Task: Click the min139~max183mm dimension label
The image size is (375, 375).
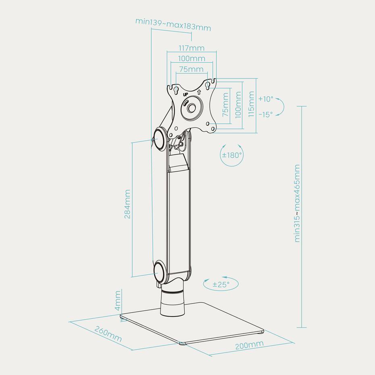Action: point(173,24)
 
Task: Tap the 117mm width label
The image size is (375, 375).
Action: point(192,48)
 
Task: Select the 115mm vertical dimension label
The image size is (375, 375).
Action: point(251,104)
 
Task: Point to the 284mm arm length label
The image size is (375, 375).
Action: point(127,204)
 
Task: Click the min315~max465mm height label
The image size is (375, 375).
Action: point(297,203)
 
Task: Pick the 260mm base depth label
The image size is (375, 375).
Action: point(108,334)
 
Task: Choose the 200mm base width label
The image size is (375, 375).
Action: point(250,345)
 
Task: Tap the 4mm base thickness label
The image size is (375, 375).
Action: point(118,301)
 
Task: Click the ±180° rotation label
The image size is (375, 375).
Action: point(232,155)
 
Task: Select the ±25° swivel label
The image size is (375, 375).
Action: point(221,284)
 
